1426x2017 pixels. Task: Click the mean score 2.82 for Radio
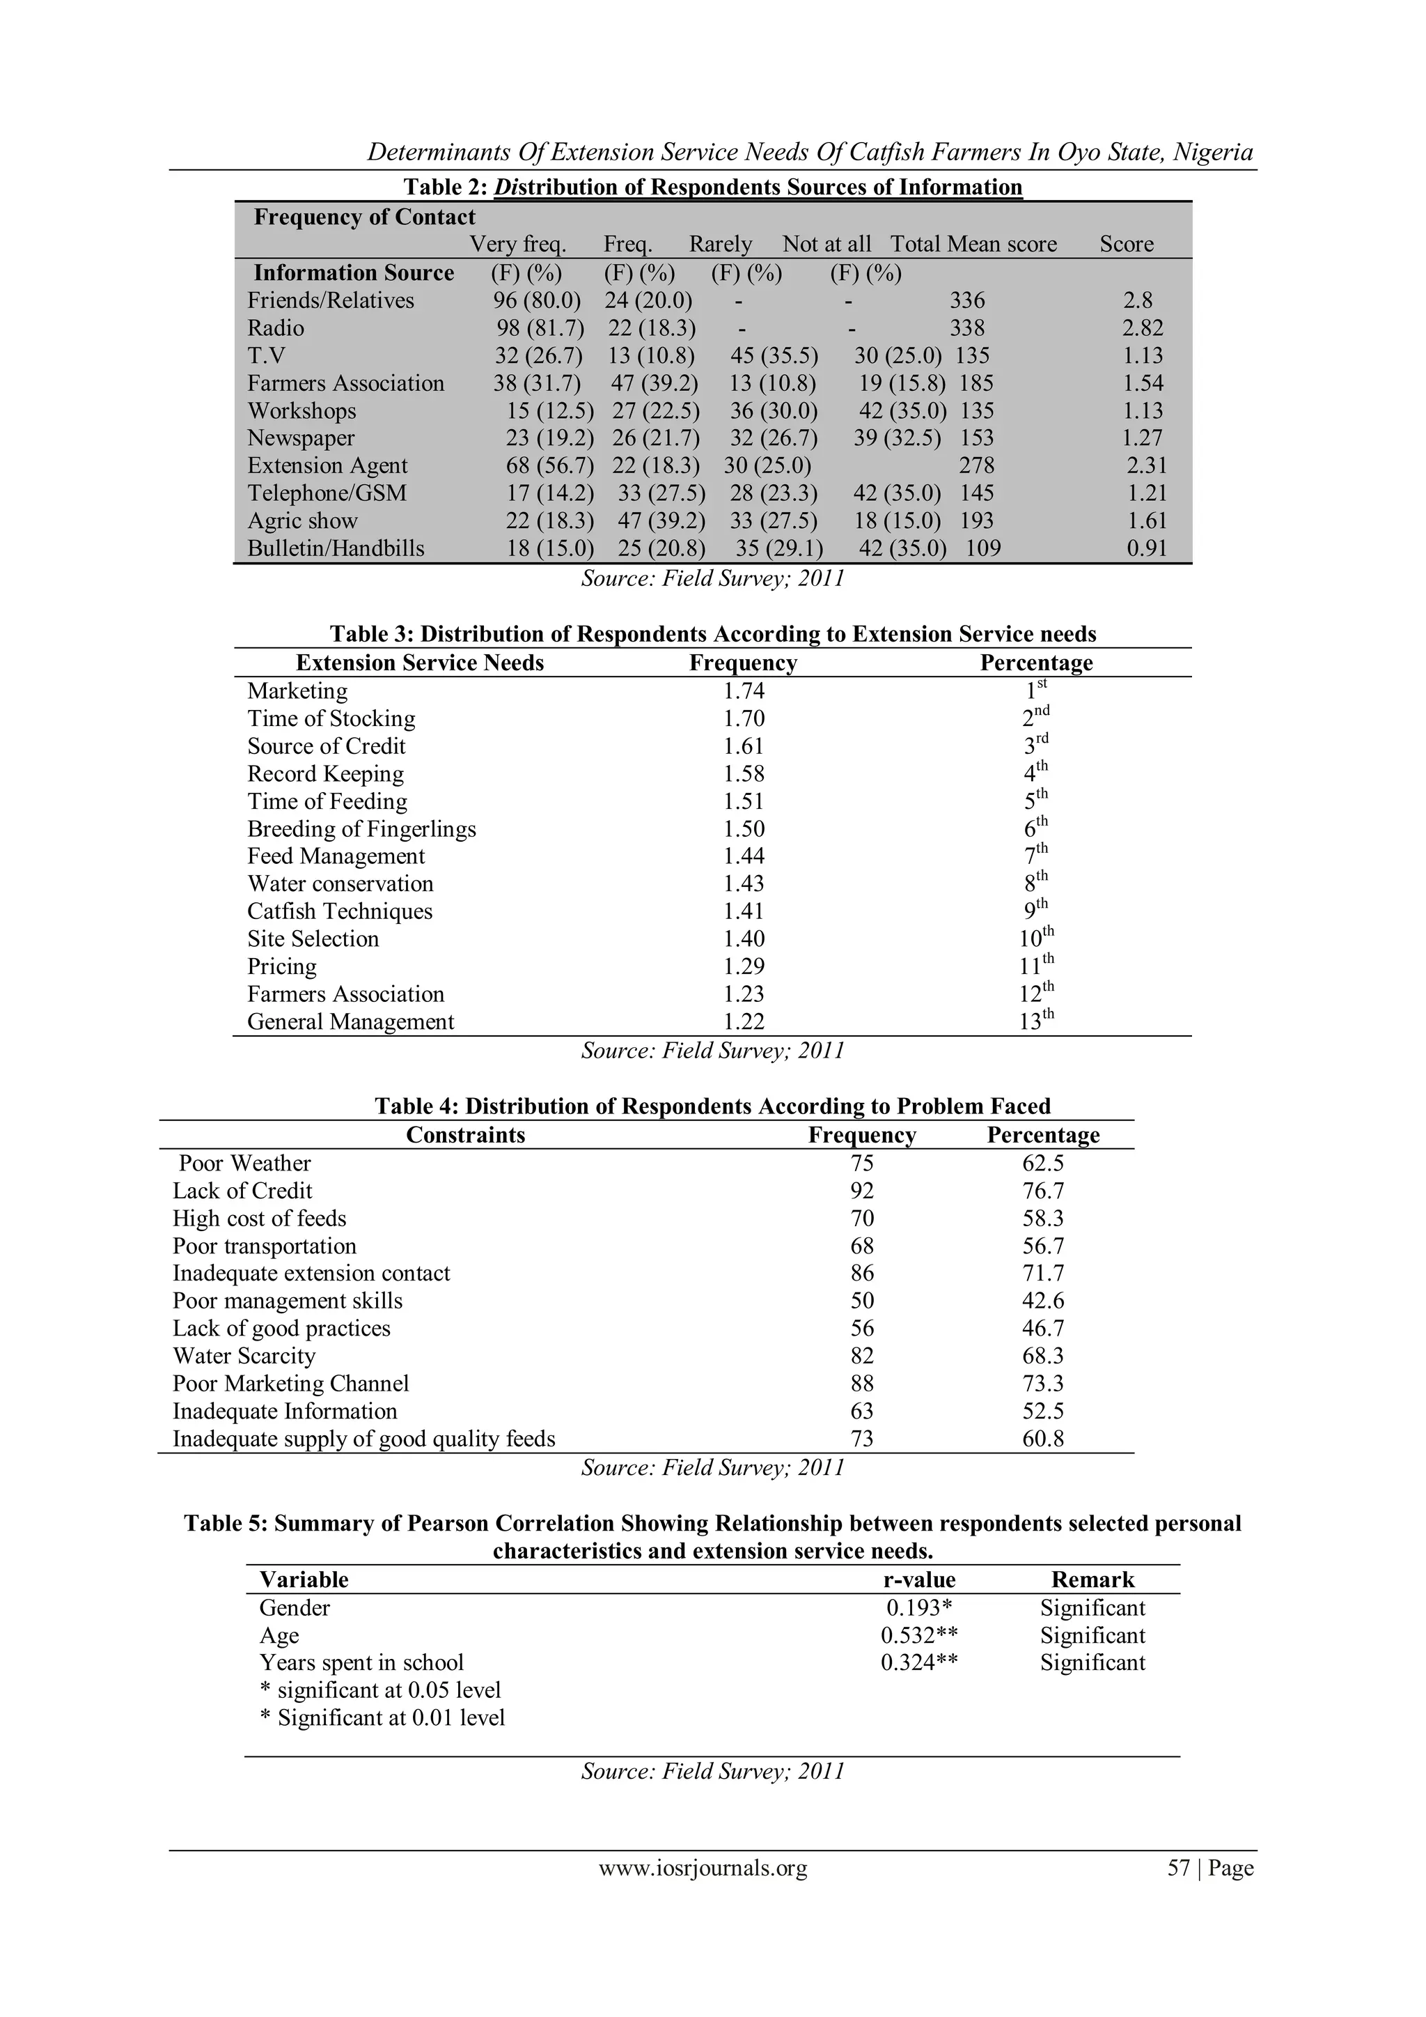tap(1143, 329)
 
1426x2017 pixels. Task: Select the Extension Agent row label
tap(327, 465)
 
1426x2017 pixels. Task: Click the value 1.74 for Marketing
tap(743, 691)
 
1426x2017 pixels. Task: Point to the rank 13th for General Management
tap(1036, 1021)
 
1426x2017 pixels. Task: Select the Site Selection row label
tap(313, 939)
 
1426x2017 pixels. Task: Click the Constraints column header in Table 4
tap(465, 1135)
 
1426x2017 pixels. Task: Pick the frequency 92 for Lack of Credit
tap(861, 1191)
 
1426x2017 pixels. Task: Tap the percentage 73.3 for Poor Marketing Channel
tap(1042, 1384)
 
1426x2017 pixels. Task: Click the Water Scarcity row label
tap(244, 1357)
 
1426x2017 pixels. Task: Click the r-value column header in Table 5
tap(918, 1580)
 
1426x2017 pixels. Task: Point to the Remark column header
tap(1092, 1580)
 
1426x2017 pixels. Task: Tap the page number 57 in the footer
tap(1177, 1868)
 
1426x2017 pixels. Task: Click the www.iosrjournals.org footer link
tap(703, 1868)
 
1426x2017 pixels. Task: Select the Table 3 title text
tap(712, 634)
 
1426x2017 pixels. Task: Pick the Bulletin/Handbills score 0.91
tap(1146, 549)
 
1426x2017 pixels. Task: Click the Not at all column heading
tap(826, 245)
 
